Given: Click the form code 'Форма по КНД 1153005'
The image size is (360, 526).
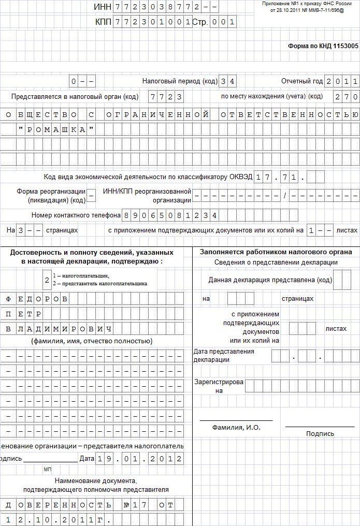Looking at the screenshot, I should tap(323, 46).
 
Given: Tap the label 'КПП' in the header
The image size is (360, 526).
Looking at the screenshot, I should tap(103, 22).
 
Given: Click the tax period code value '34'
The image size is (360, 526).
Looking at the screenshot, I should tap(228, 82).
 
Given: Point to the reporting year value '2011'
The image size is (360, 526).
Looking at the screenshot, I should tap(342, 82).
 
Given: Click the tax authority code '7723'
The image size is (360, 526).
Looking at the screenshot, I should tap(165, 97).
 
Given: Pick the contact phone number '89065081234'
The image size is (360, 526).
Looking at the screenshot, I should tap(169, 215).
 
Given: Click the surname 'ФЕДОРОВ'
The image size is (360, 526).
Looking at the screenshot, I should tap(36, 299).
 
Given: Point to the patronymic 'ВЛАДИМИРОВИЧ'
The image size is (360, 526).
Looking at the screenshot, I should tap(59, 329).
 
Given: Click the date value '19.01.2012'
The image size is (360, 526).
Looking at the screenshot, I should tap(139, 459).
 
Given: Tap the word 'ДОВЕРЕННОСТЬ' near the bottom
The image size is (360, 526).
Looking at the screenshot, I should tap(57, 505).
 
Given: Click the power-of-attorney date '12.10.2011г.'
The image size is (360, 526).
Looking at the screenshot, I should tap(57, 519).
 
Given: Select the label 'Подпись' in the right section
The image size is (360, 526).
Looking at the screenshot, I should tap(320, 434).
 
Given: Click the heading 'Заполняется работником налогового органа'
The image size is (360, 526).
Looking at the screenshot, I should tap(276, 252).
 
